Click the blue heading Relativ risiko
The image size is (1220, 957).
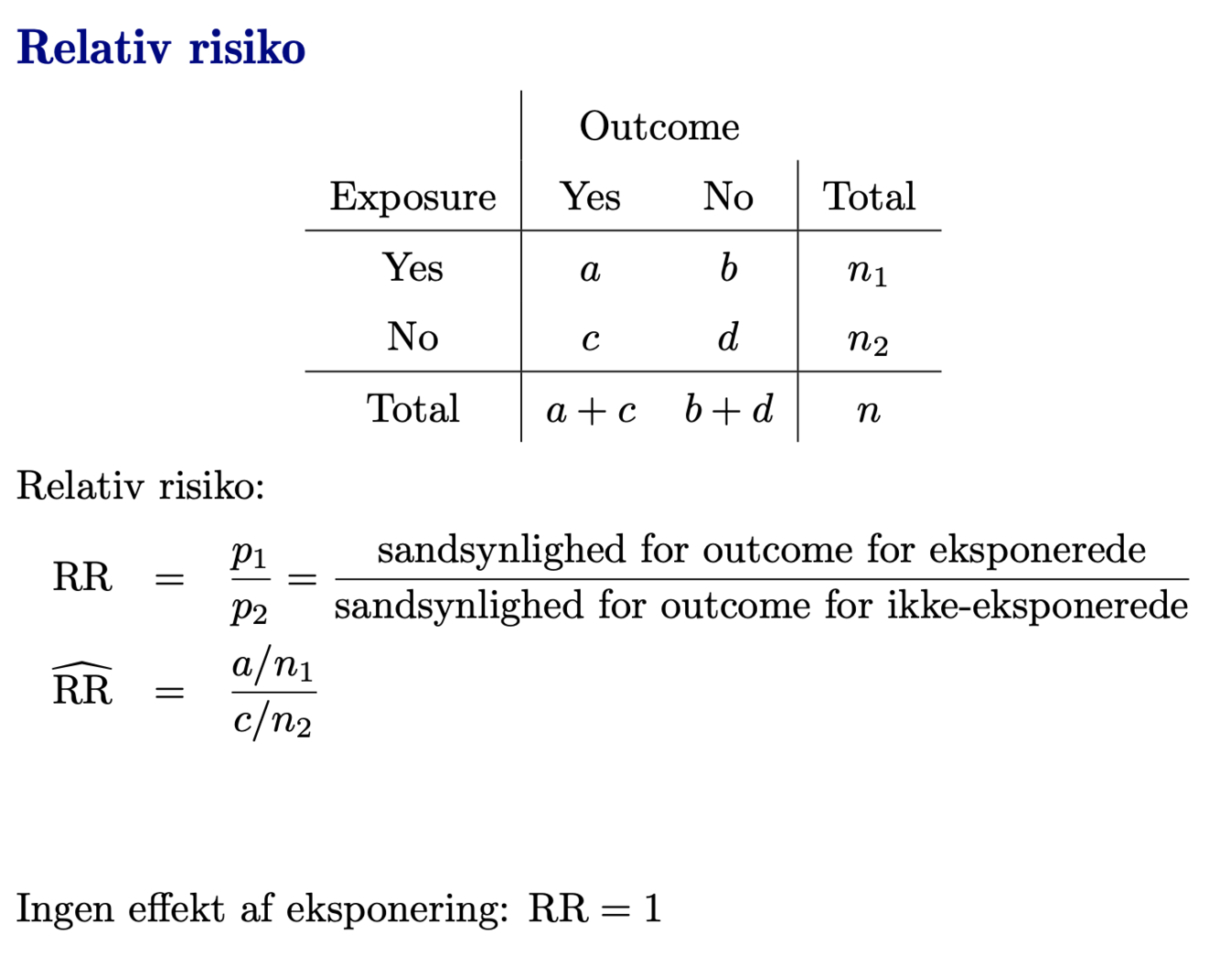(x=161, y=48)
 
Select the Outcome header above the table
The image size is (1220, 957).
(x=659, y=126)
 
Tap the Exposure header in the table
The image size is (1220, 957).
(x=412, y=197)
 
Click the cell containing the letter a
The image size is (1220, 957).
(x=591, y=269)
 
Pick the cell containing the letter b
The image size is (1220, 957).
(x=728, y=268)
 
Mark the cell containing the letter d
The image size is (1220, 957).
(x=728, y=338)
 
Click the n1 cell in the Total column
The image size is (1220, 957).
(x=868, y=271)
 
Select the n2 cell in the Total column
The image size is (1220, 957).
(x=868, y=340)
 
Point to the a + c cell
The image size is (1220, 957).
(x=591, y=410)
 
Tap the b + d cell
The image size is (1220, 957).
(x=728, y=409)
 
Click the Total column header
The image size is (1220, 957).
(x=869, y=197)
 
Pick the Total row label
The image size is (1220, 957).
(x=412, y=409)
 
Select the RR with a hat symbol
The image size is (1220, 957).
(x=82, y=686)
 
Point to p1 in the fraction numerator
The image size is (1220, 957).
(x=249, y=554)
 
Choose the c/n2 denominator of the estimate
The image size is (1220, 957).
(x=273, y=721)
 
